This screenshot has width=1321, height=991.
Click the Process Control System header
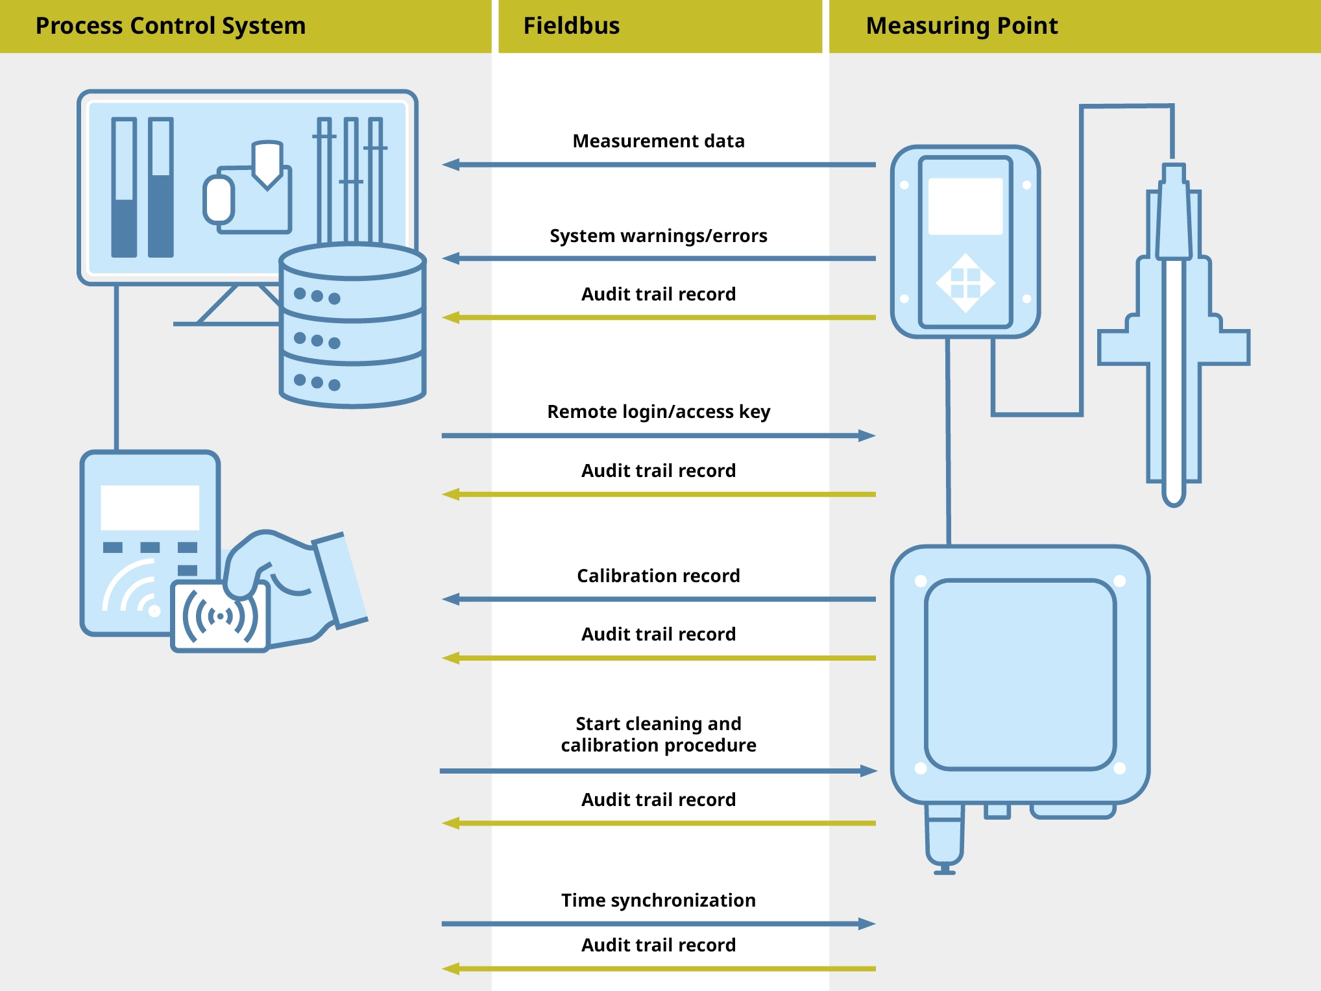[x=170, y=26]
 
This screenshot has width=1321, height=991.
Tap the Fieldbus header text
[x=571, y=26]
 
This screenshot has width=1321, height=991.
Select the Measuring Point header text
[x=962, y=26]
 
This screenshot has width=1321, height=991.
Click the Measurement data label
[x=658, y=141]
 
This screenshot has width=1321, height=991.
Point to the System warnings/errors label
[x=658, y=236]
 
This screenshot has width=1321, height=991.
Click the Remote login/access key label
[x=658, y=411]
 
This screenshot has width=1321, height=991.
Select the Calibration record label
[x=658, y=576]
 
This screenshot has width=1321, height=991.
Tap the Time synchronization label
[x=658, y=900]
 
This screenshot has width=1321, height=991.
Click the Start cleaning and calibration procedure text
[x=658, y=734]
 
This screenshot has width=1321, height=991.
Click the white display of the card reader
[x=150, y=508]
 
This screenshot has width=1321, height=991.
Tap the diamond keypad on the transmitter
[x=965, y=283]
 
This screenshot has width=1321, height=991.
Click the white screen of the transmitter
[x=965, y=206]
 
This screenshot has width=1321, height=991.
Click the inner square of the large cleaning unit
[x=1020, y=675]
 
